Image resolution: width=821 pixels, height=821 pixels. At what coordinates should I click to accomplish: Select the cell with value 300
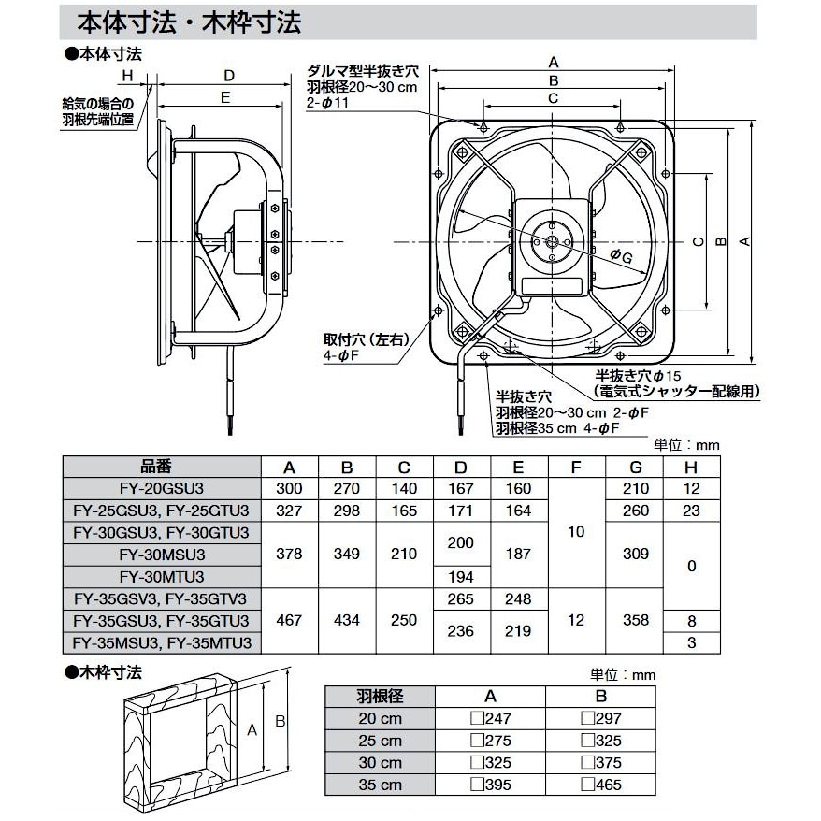coord(289,488)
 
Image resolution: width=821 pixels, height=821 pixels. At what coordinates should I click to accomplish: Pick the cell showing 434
coord(347,620)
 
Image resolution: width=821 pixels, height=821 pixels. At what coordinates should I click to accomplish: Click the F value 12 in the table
coord(577,620)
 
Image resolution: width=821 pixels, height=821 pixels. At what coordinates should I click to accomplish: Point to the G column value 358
coord(635,620)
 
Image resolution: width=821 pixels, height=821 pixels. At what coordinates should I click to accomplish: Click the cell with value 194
coord(462,576)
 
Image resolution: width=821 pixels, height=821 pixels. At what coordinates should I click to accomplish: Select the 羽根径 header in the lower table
coord(380,696)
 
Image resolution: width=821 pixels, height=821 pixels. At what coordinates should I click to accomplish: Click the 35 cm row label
coord(380,785)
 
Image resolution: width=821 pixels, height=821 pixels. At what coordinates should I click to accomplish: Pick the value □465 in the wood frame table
coord(600,785)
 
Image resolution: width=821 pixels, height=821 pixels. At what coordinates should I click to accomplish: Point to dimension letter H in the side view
coord(128,75)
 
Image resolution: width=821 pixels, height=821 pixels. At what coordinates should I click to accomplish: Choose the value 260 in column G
coord(635,511)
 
